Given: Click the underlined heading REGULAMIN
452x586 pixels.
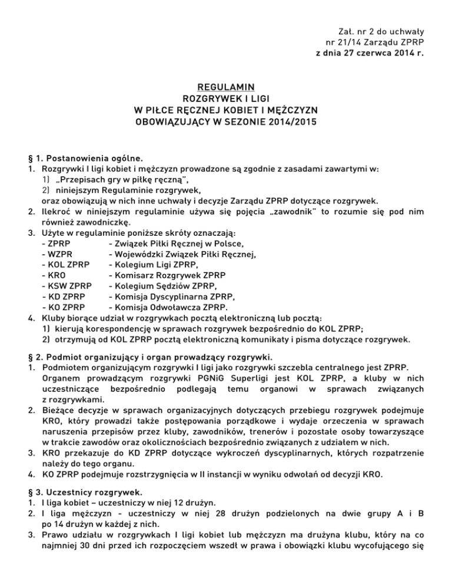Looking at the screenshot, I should coord(225,87).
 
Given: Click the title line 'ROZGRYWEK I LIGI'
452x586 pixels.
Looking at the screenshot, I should coord(225,98).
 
